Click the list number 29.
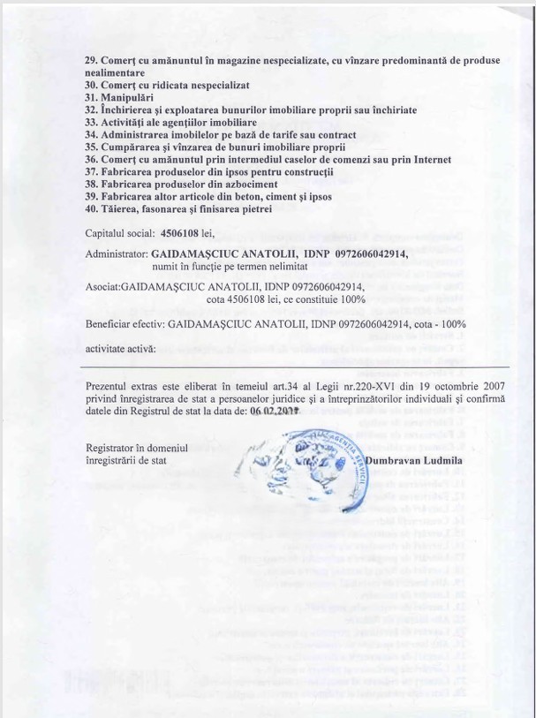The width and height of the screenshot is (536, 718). coord(90,60)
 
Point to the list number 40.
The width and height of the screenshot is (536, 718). coord(90,208)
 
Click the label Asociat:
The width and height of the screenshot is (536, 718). coord(102,288)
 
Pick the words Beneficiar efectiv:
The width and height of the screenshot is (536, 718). coord(125,325)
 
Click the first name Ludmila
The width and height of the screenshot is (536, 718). coord(448,460)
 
